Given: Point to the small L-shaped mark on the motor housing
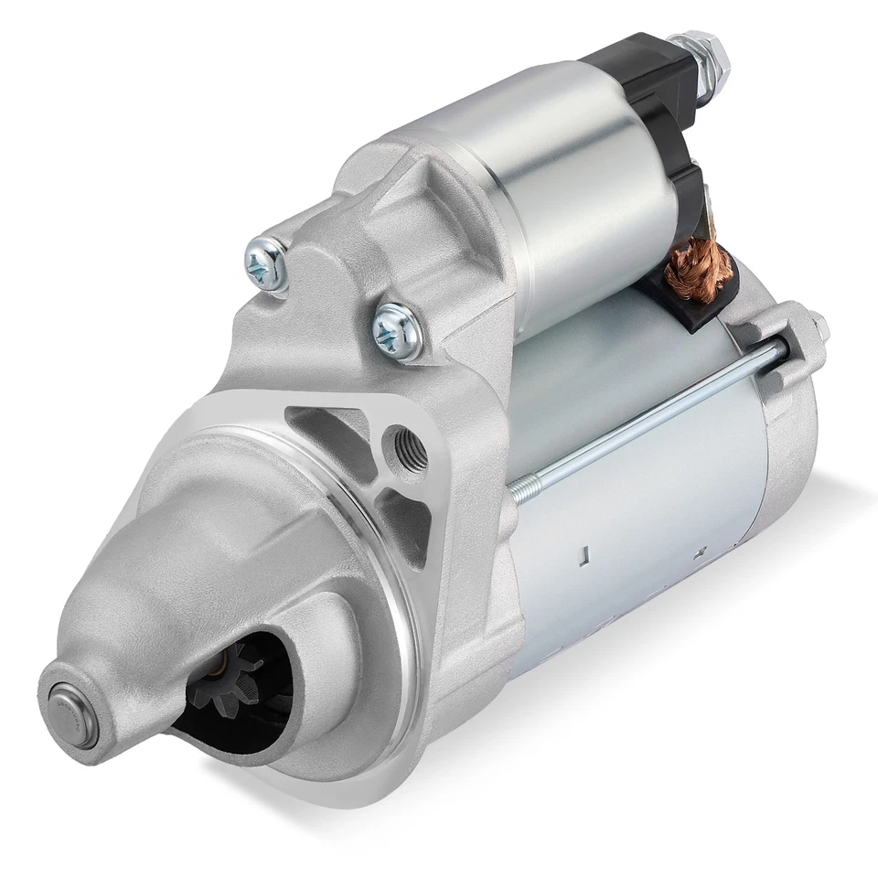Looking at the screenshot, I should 583,554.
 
